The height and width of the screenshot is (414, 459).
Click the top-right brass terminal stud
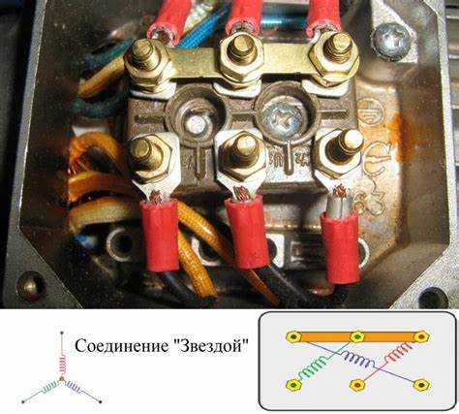coord(337,46)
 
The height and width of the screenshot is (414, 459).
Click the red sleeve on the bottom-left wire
coord(160,235)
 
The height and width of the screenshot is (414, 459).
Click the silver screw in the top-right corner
coord(390,40)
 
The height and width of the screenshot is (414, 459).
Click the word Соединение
coord(121,346)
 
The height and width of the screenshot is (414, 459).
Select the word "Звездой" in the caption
coord(211,345)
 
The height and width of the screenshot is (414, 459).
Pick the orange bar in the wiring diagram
coord(357,337)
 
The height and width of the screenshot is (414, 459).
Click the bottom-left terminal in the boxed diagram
coord(293,385)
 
